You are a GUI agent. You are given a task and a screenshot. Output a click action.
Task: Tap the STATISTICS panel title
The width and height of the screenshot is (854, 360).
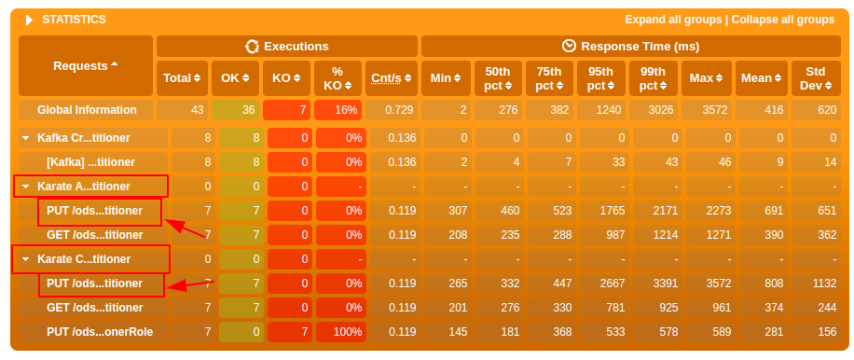[x=74, y=20]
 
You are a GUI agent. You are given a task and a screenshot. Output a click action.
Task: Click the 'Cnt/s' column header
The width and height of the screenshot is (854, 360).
[x=391, y=77]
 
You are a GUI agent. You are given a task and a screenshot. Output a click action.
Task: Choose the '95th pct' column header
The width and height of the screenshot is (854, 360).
[x=599, y=77]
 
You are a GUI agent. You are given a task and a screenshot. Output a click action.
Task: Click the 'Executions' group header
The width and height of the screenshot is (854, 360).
[x=287, y=46]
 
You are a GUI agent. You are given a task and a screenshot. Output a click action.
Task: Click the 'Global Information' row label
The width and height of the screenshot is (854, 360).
[x=87, y=110]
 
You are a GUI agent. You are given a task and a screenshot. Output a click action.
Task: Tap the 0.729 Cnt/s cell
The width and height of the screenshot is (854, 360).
[x=392, y=110]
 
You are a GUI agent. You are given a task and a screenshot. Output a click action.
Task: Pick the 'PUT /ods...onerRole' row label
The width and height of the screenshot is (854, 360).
[x=100, y=332]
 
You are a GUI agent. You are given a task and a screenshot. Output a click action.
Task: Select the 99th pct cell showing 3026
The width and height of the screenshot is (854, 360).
[x=653, y=110]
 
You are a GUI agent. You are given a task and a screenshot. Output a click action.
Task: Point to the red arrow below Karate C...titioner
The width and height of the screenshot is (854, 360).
[x=188, y=284]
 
